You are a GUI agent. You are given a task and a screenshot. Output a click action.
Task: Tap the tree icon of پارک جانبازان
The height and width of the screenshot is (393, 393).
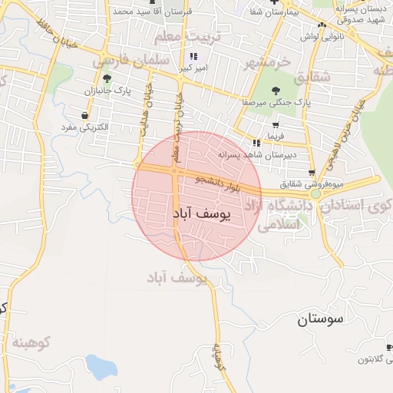[x=106, y=78]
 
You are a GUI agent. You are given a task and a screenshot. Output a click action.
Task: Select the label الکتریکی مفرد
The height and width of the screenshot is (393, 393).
[x=85, y=126]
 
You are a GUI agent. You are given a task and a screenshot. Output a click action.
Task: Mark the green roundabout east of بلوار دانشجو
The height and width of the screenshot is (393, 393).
[x=316, y=194]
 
